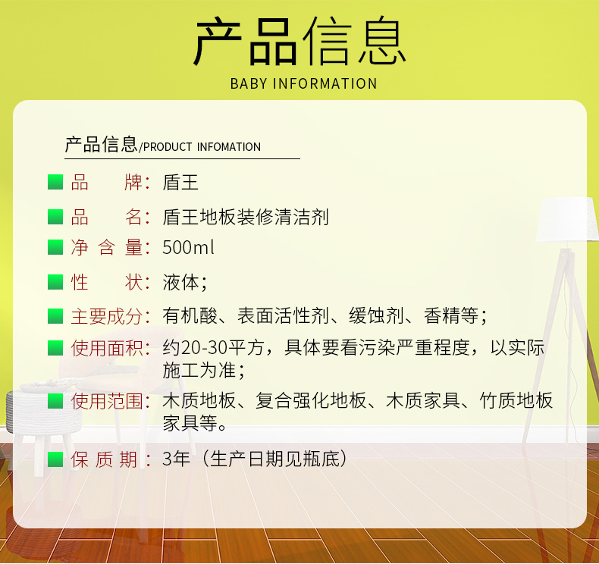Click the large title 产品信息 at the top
tap(300, 41)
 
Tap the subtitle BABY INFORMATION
tap(304, 83)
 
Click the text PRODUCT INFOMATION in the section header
tap(202, 147)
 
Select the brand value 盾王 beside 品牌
tap(180, 182)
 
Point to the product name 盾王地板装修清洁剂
tap(246, 217)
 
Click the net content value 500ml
tap(188, 247)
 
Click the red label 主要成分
tap(107, 317)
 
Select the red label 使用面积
tap(107, 348)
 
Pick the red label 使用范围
tap(107, 401)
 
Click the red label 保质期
tap(104, 459)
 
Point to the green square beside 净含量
tap(55, 247)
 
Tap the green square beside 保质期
tap(55, 459)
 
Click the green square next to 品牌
tap(55, 182)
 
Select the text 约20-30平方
tap(213, 347)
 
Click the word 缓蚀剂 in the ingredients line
tap(376, 316)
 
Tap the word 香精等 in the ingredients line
tap(451, 316)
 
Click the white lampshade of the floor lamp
tap(567, 219)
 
